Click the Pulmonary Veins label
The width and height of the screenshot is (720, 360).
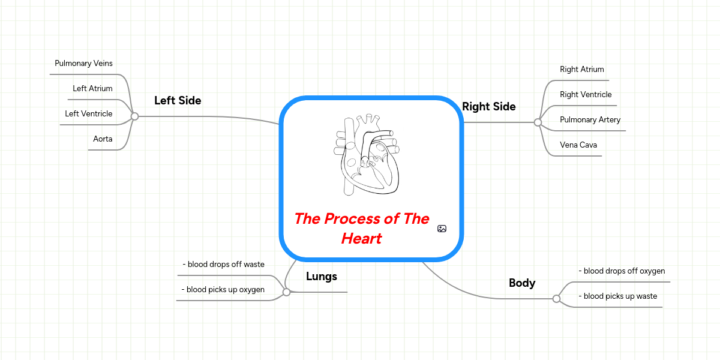coord(83,64)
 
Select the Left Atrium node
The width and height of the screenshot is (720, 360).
coord(92,89)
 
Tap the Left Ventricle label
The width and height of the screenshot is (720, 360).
coord(89,114)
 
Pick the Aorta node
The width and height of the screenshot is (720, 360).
coord(103,139)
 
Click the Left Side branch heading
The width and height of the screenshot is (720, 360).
coord(178,101)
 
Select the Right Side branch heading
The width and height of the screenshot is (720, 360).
coord(489,107)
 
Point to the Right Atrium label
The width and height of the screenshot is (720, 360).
coord(582,70)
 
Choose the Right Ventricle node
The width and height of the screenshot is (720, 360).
coord(586,95)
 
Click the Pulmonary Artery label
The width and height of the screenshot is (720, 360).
coord(590,120)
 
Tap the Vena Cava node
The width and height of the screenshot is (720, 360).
coord(578,145)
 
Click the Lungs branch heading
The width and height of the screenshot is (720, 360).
coord(322,277)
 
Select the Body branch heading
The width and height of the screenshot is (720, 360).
coord(522,283)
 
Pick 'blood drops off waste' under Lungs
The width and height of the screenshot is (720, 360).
coord(223,265)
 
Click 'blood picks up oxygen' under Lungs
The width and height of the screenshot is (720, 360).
coord(223,290)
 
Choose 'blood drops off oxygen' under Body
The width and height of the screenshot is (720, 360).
coord(622,271)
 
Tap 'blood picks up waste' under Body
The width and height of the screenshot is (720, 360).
coord(617,296)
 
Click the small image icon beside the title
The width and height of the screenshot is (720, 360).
coord(442,229)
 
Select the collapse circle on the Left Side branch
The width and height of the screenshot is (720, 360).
coord(135,116)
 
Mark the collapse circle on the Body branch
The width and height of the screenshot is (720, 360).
coord(556,299)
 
